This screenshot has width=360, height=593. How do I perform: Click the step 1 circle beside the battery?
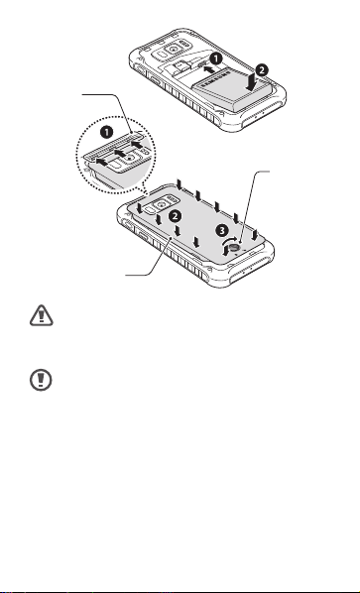point(216,59)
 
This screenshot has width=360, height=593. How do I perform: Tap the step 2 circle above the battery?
point(262,70)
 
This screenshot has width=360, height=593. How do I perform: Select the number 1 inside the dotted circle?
point(107,132)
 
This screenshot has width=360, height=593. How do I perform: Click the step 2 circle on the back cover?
point(175,216)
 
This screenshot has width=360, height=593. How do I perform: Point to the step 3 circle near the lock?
point(222,230)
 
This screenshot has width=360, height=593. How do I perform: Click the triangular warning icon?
point(42,315)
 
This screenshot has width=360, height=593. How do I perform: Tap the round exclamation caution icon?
point(41,380)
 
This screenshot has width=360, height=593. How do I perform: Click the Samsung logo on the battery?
point(215,81)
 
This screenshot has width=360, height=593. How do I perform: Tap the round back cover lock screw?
point(234,248)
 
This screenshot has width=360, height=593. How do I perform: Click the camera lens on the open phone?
point(174,50)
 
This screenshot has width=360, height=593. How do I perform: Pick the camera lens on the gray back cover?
point(162,204)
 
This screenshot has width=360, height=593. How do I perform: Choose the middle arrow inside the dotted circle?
point(121,154)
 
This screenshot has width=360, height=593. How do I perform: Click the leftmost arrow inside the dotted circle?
point(103,162)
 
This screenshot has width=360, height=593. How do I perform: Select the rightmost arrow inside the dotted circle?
point(139,145)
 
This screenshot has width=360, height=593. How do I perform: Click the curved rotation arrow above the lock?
point(231,241)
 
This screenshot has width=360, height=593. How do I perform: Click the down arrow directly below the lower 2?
point(178,230)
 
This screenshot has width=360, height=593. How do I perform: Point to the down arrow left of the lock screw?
point(225,250)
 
